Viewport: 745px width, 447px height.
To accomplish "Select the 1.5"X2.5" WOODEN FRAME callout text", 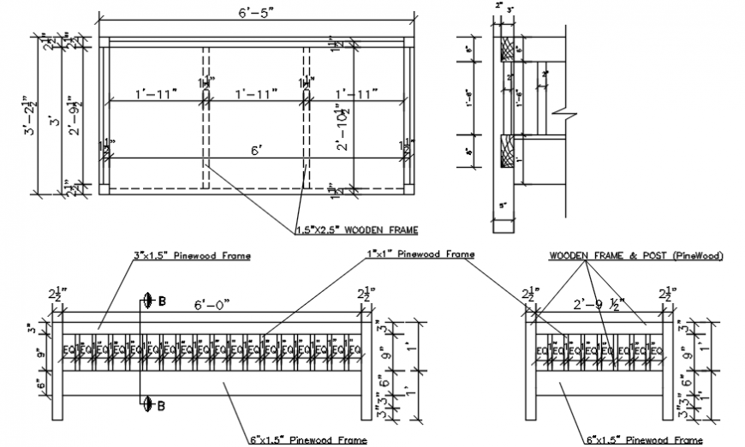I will click(x=355, y=229).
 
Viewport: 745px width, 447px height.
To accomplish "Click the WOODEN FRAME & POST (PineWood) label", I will click(x=635, y=255).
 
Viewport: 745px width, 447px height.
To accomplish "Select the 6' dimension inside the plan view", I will click(x=255, y=150).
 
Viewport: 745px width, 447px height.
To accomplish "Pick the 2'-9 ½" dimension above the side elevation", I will click(x=599, y=304).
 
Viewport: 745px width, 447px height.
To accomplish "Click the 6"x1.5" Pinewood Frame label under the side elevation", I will click(x=643, y=439).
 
